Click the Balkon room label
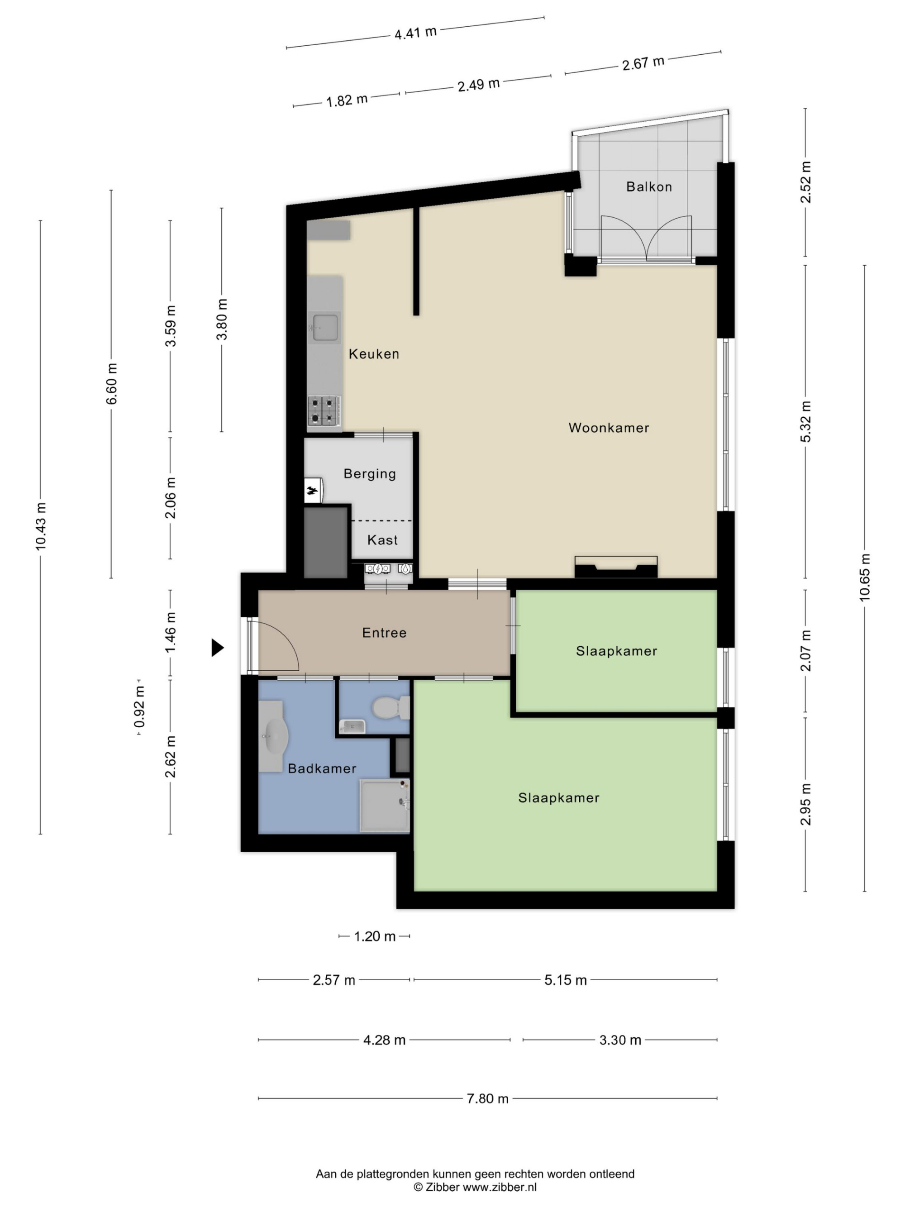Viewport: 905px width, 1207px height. (x=648, y=186)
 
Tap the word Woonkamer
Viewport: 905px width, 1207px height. (x=609, y=428)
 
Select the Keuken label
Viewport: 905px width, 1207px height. (x=374, y=354)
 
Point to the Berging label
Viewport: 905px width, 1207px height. (x=370, y=474)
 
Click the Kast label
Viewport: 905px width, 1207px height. (x=382, y=540)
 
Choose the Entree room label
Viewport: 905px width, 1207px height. (x=385, y=633)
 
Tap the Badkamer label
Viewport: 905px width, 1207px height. (x=322, y=768)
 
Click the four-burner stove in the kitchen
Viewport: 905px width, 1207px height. (x=324, y=411)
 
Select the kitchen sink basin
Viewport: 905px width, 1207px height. (x=324, y=326)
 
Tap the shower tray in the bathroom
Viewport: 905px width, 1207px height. (x=385, y=806)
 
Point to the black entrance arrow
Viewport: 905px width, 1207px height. (x=218, y=648)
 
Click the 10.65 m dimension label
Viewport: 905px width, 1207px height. (x=865, y=577)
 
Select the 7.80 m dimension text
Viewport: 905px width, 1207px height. (x=488, y=1098)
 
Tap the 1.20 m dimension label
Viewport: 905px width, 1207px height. (x=375, y=936)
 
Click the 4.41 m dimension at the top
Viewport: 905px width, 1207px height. (x=416, y=33)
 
